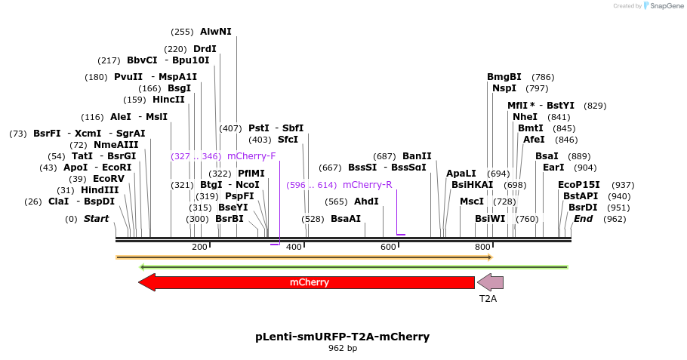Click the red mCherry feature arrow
click(308, 282)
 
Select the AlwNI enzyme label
click(215, 32)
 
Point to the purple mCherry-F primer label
click(251, 156)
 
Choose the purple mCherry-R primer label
click(367, 185)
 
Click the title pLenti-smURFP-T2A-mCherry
click(343, 337)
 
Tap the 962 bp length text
click(343, 349)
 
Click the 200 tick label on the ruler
click(199, 248)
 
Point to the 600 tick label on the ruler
click(388, 248)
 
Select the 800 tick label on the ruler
click(482, 248)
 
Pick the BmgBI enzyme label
click(504, 77)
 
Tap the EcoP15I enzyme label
click(578, 185)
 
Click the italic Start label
click(96, 219)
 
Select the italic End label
click(583, 219)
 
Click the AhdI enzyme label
click(366, 202)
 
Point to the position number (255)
click(183, 32)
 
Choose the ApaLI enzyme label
click(461, 174)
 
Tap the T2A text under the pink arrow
click(488, 299)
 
